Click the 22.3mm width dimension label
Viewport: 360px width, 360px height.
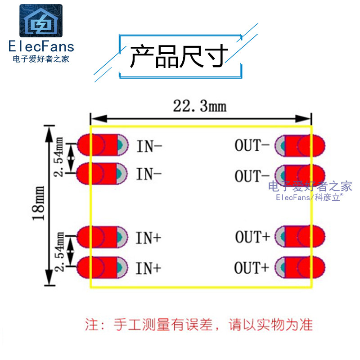pyautogui.click(x=200, y=106)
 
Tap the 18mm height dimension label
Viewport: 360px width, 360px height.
pyautogui.click(x=38, y=203)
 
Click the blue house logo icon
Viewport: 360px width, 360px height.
pyautogui.click(x=41, y=21)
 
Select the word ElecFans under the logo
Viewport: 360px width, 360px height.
pyautogui.click(x=41, y=46)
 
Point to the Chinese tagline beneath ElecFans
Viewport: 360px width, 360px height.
pyautogui.click(x=41, y=59)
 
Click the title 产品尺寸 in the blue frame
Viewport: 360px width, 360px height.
pyautogui.click(x=179, y=56)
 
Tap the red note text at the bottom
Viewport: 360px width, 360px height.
pyautogui.click(x=199, y=324)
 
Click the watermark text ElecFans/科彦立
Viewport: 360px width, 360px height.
pyautogui.click(x=310, y=197)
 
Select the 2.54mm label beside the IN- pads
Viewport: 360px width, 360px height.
pyautogui.click(x=59, y=157)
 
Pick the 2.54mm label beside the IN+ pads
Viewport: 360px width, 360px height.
pyautogui.click(x=59, y=252)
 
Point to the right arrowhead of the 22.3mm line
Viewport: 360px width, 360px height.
pyautogui.click(x=303, y=119)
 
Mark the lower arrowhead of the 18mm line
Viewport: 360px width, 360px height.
pyautogui.click(x=49, y=277)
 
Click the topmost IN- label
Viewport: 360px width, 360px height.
pyautogui.click(x=149, y=146)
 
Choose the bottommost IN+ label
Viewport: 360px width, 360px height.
pyautogui.click(x=148, y=268)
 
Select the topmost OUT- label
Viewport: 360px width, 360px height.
pyautogui.click(x=252, y=145)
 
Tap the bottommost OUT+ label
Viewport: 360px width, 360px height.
pyautogui.click(x=252, y=267)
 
